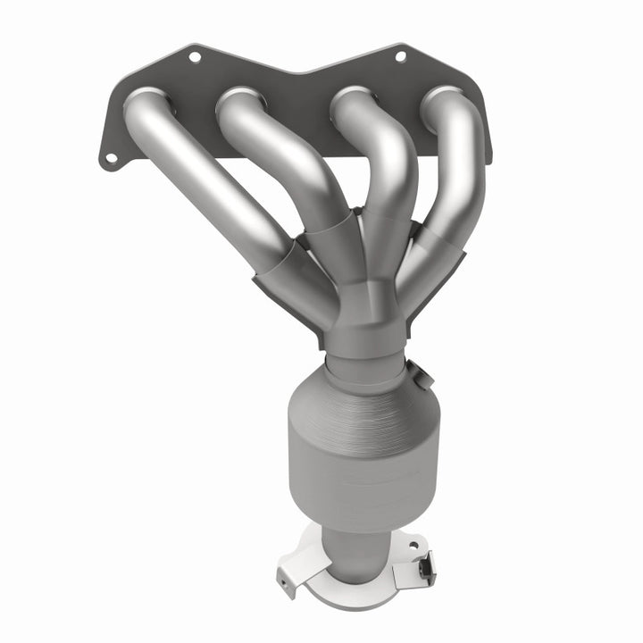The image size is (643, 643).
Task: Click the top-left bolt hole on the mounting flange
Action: pyautogui.click(x=194, y=57)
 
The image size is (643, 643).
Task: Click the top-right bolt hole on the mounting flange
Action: pyautogui.click(x=399, y=56)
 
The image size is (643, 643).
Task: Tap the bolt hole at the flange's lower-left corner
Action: pyautogui.click(x=111, y=158)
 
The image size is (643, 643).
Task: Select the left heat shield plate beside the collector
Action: pyautogui.click(x=286, y=299)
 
